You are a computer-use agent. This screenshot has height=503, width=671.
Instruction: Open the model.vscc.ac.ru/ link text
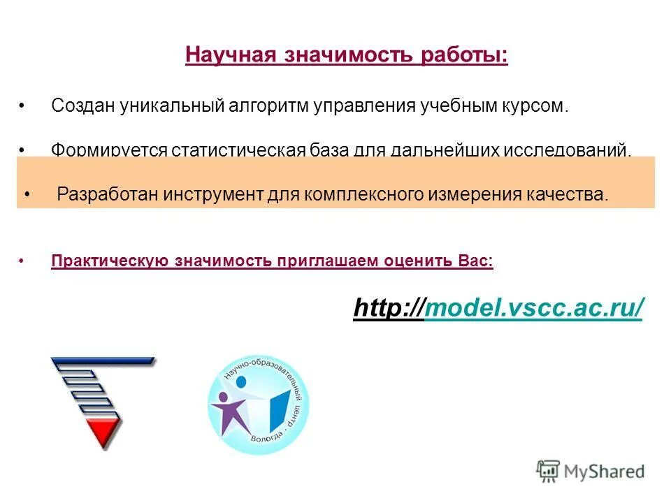click(533, 307)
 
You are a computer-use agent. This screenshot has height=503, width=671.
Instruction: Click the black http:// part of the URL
click(389, 307)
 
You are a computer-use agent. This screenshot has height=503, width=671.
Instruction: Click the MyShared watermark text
click(601, 472)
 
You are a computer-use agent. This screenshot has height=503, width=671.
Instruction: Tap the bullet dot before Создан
click(22, 107)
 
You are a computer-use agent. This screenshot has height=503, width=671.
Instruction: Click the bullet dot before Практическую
click(22, 262)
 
